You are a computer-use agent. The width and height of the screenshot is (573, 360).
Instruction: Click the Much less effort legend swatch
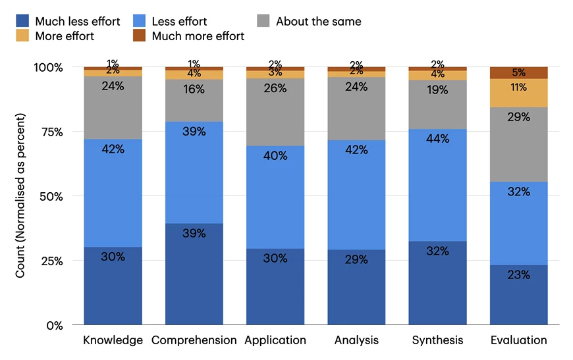click(23, 22)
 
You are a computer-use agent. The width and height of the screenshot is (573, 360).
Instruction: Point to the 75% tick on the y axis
click(49, 132)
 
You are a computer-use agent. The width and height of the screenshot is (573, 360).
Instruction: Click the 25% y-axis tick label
click(49, 261)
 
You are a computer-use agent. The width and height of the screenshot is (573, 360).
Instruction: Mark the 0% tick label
click(53, 325)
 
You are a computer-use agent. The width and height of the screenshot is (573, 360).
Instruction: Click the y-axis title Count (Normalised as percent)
click(20, 195)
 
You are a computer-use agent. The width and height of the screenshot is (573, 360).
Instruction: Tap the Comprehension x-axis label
click(194, 340)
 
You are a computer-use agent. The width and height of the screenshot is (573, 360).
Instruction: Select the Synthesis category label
click(437, 340)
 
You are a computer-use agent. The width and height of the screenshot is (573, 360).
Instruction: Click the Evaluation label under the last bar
click(519, 340)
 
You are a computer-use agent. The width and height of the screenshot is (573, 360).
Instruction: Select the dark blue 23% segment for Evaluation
click(519, 295)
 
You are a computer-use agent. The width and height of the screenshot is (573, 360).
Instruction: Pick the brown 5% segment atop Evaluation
click(519, 72)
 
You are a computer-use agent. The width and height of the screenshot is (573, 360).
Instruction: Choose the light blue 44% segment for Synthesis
click(437, 185)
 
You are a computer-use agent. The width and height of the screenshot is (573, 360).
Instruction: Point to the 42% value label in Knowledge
click(113, 149)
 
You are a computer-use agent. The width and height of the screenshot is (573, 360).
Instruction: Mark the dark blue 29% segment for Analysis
click(356, 287)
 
